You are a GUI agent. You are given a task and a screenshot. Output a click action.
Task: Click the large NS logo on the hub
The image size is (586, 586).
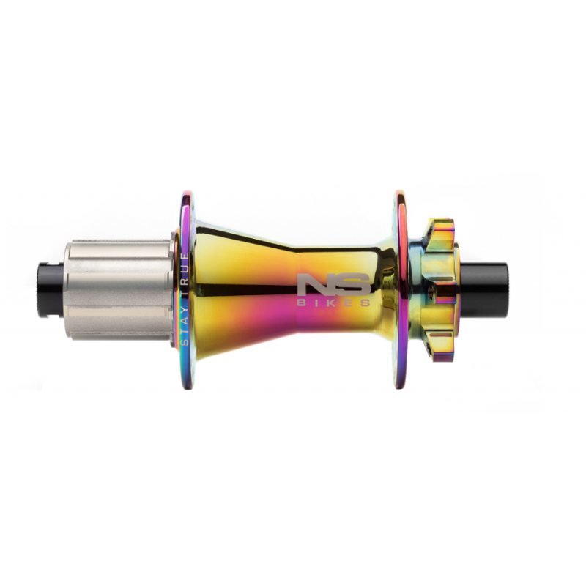pos(335,285)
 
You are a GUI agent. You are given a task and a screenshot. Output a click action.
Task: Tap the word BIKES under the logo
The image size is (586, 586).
pos(335,303)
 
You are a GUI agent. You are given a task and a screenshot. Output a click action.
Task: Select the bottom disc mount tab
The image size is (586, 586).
pos(444,344)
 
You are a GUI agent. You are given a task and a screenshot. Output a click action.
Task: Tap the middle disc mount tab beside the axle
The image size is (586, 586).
pos(448,288)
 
